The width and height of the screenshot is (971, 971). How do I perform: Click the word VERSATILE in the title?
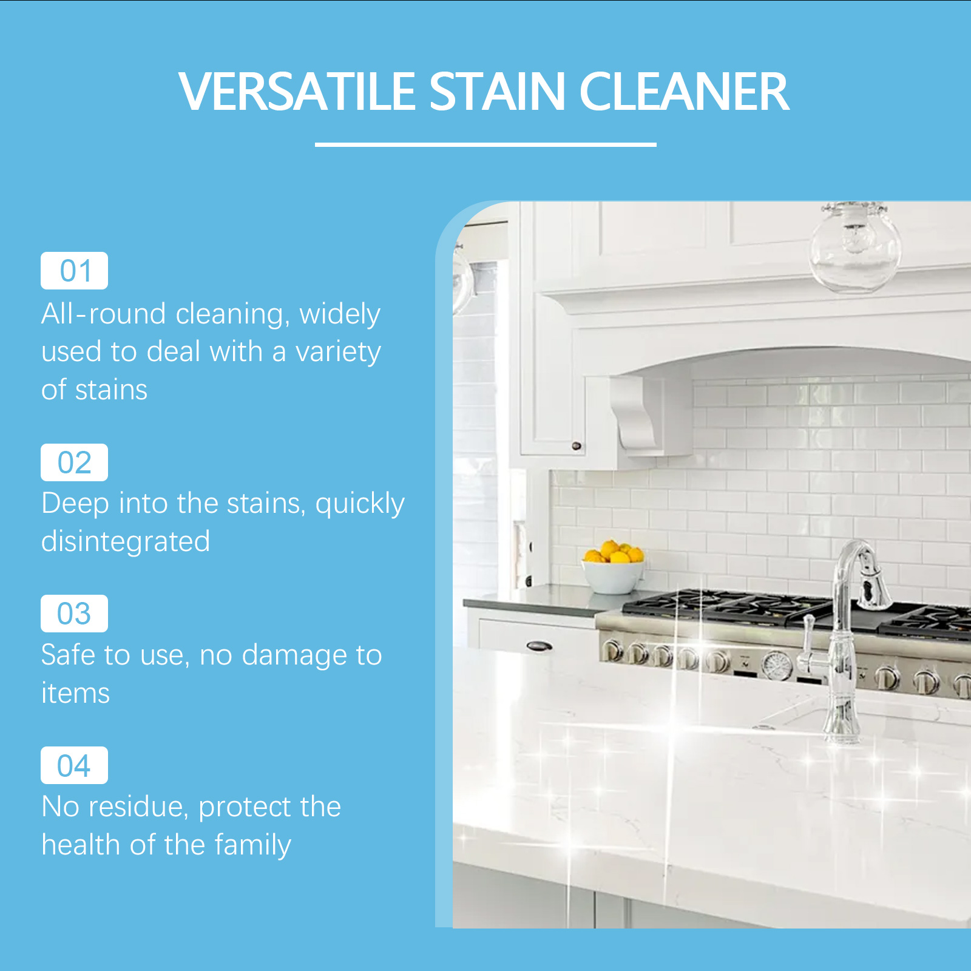coord(297,92)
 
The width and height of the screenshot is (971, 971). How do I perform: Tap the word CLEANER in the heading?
coord(684,92)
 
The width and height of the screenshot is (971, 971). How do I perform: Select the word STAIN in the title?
coord(498,92)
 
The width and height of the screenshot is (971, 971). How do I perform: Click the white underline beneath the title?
coord(486,144)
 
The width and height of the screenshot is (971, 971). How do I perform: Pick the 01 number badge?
coord(74,271)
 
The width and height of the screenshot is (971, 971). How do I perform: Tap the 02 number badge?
coord(74,462)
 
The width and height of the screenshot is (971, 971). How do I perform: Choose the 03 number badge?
coord(74,614)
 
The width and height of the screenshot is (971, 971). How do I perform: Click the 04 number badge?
coord(74,765)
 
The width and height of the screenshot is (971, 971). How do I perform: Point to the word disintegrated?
coord(126,541)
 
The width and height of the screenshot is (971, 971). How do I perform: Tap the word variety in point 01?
coord(338,353)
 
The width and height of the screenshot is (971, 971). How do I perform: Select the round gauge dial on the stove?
coord(777,665)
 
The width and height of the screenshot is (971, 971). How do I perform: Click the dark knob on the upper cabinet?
coord(577,446)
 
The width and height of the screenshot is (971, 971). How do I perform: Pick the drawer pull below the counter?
coord(539,646)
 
